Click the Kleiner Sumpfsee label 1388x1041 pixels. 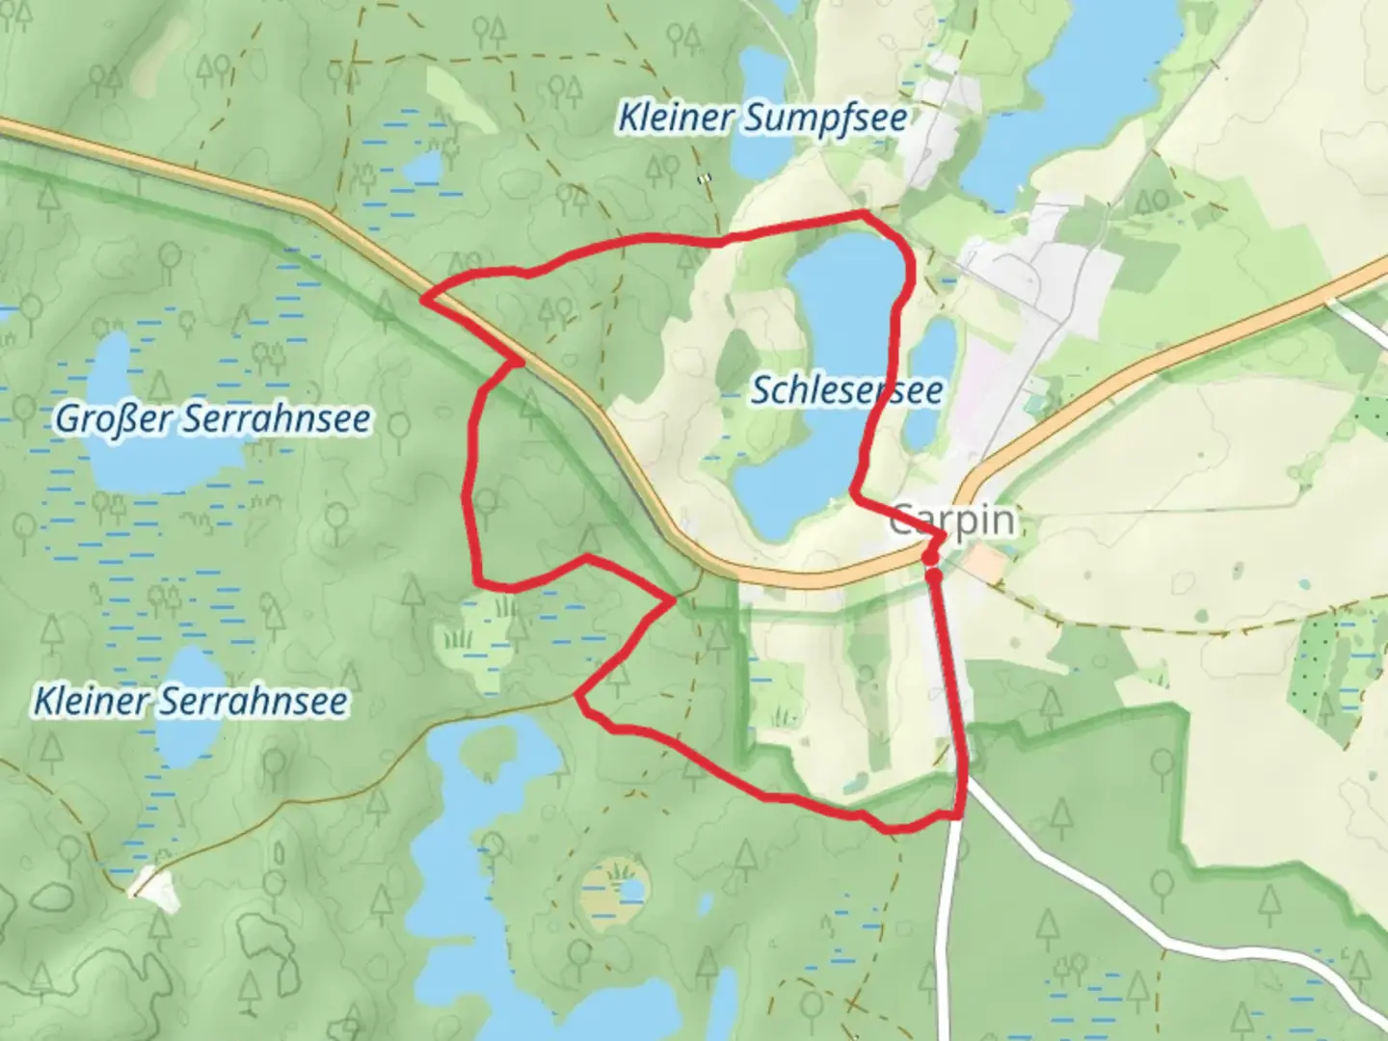coord(761,119)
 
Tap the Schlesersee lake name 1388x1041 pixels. coord(846,391)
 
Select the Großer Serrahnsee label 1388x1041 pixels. coord(212,419)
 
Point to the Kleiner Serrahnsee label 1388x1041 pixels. coord(190,701)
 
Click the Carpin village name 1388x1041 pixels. coord(952,520)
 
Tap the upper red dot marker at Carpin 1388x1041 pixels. coord(929,557)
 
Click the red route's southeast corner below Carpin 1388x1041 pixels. coord(960,815)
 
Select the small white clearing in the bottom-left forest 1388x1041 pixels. coord(154,889)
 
